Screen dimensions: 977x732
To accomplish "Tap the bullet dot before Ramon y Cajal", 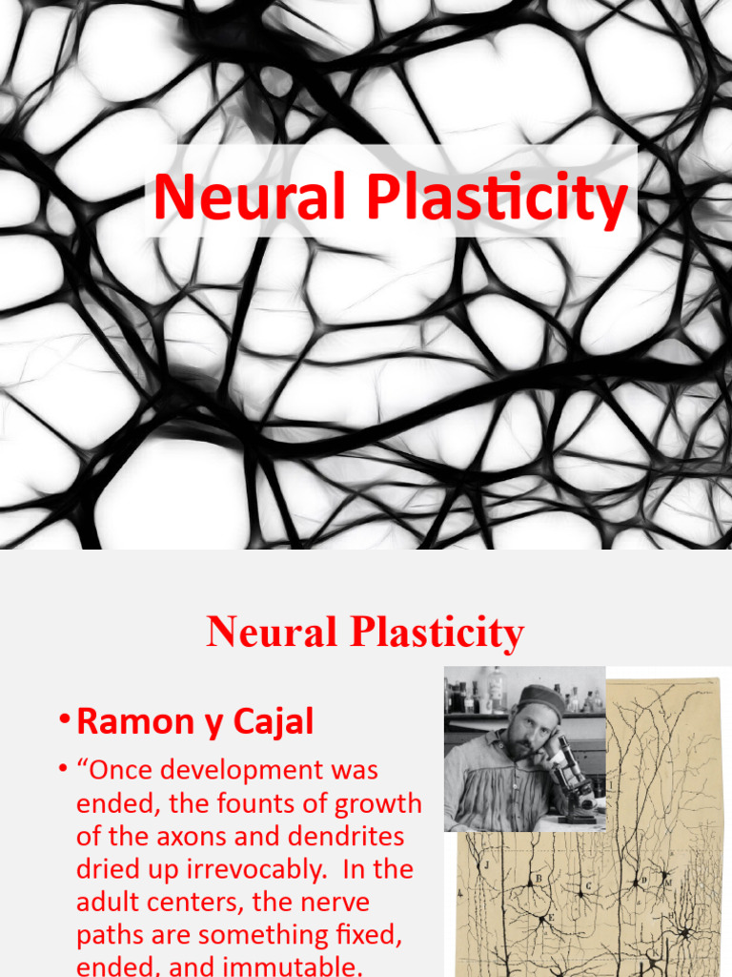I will (63, 722).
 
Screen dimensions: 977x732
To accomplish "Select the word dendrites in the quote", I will (344, 837).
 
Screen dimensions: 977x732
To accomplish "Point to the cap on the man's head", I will (540, 696).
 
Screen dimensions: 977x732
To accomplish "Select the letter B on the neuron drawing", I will (539, 879).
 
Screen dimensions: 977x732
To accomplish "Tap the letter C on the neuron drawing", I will (589, 885).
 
